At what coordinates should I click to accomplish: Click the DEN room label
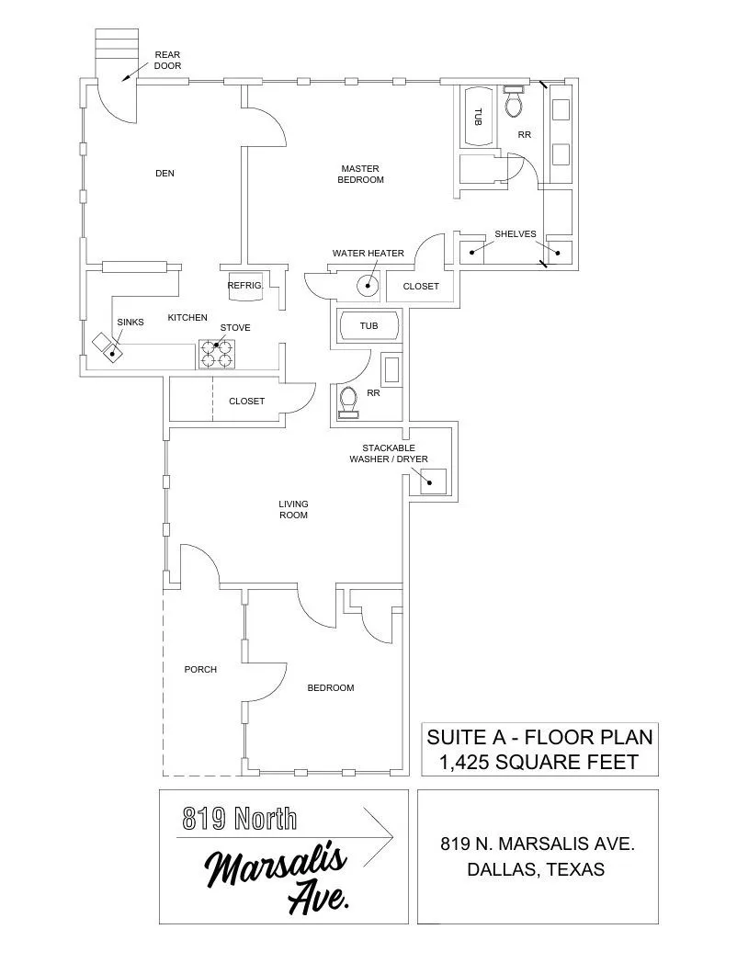tap(164, 173)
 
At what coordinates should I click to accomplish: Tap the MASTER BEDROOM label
tap(360, 174)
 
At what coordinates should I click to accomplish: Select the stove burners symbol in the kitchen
tap(218, 354)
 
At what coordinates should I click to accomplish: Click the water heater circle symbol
tap(368, 286)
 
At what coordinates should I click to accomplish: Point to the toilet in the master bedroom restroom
tap(514, 103)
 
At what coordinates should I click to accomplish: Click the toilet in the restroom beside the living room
tap(349, 402)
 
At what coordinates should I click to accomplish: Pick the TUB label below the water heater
tap(368, 326)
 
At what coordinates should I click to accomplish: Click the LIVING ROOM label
tap(293, 509)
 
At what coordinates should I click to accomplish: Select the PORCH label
tap(200, 669)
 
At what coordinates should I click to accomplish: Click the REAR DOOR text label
tap(167, 60)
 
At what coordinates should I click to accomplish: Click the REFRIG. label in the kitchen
tap(245, 286)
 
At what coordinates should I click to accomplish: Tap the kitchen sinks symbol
tap(108, 346)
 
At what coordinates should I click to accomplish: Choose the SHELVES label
tap(515, 233)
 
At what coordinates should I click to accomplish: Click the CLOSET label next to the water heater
tap(421, 287)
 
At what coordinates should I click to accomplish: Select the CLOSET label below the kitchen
tap(246, 401)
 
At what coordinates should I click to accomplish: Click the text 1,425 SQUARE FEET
tap(539, 761)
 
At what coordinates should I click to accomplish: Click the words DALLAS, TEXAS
tap(537, 869)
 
